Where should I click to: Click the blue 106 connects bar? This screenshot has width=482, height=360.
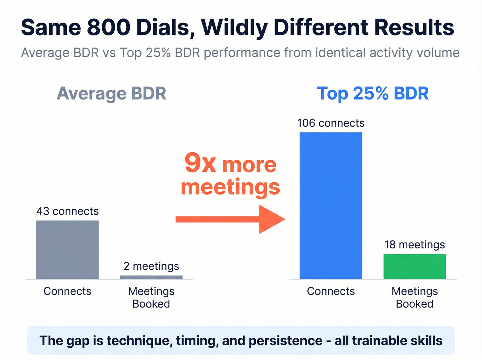pos(331,206)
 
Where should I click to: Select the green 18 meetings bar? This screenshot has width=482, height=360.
pos(415,266)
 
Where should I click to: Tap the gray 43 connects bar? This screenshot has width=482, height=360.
pos(67,250)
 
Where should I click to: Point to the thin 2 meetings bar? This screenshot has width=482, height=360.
pos(151,277)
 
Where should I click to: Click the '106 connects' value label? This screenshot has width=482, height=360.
pos(331,123)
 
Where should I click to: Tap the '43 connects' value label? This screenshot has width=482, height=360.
pos(67,211)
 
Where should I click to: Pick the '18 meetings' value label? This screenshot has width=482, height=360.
pos(415,245)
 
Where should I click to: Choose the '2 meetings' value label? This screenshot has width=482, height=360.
pos(151,266)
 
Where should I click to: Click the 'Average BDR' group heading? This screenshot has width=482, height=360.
pos(111,93)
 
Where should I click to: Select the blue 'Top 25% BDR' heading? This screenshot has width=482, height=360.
pos(373,93)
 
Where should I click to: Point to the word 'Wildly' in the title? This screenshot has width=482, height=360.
pos(234,28)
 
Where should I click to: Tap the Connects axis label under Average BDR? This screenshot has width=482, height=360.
pos(67,291)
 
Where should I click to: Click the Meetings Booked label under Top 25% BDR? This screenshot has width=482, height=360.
pos(415,297)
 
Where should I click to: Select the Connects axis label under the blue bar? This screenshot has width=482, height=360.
pos(331,291)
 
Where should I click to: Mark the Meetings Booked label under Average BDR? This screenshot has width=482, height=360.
pos(151,297)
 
